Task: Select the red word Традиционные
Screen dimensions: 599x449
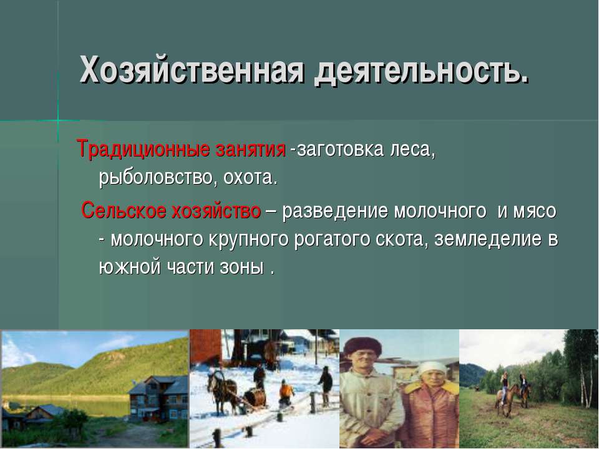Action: point(144,148)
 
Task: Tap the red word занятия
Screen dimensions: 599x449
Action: point(251,148)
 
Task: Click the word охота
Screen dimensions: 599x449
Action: point(248,178)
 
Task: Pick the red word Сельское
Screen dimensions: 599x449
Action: point(124,210)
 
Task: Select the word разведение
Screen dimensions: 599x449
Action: point(335,211)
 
